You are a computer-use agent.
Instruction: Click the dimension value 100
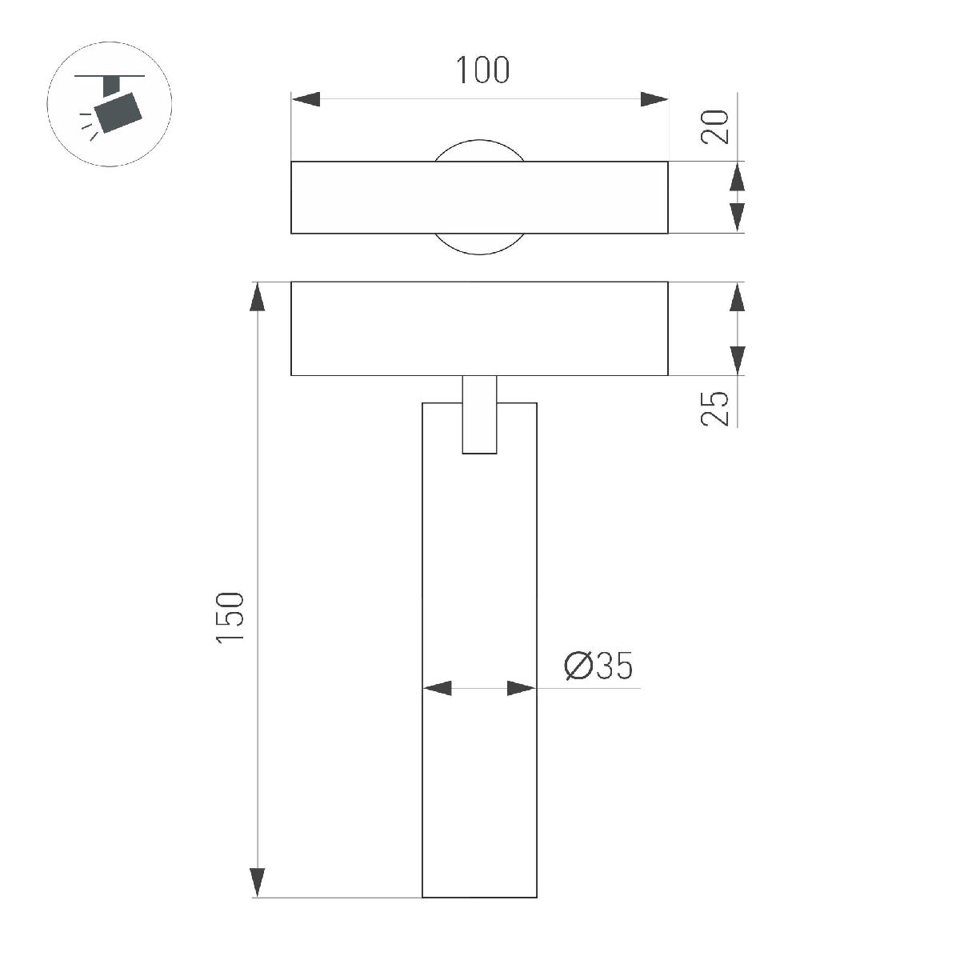pyautogui.click(x=482, y=70)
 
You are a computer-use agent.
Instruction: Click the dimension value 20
pyautogui.click(x=716, y=126)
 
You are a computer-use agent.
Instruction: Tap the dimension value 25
pyautogui.click(x=716, y=408)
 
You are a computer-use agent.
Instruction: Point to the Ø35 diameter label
pyautogui.click(x=599, y=666)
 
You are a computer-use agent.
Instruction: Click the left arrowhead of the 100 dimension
pyautogui.click(x=306, y=99)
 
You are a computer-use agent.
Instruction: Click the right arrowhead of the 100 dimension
pyautogui.click(x=654, y=99)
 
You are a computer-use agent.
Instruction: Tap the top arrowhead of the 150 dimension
pyautogui.click(x=258, y=298)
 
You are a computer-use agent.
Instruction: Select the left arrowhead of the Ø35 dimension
pyautogui.click(x=437, y=688)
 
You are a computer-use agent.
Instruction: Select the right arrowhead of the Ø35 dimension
pyautogui.click(x=522, y=688)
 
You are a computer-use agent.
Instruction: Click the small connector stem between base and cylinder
pyautogui.click(x=479, y=414)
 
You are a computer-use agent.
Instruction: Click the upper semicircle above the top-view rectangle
pyautogui.click(x=479, y=150)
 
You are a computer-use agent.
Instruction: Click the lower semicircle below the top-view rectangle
pyautogui.click(x=479, y=244)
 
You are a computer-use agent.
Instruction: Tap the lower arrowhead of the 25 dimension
pyautogui.click(x=738, y=360)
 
